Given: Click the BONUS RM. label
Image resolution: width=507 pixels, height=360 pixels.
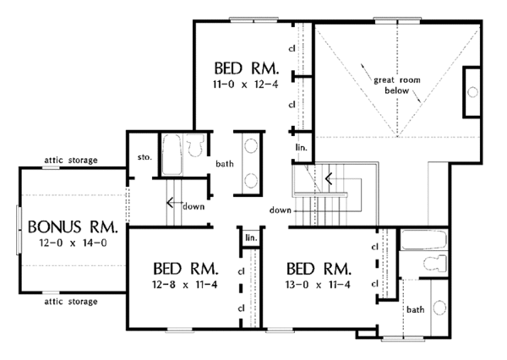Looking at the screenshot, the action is [73, 226].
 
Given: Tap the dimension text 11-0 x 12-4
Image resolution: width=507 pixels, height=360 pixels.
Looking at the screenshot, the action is [245, 85].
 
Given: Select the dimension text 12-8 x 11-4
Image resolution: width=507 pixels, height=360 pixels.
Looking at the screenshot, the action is [184, 285].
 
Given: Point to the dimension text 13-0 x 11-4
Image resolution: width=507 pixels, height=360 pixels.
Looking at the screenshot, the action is [318, 285].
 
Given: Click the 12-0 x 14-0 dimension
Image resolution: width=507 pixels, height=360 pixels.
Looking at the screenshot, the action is [73, 243].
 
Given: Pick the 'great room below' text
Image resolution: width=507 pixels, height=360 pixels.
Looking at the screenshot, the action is [397, 85].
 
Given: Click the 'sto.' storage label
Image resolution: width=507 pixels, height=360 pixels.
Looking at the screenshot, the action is [144, 157].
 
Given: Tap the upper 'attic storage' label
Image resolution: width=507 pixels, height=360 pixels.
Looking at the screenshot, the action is [71, 160].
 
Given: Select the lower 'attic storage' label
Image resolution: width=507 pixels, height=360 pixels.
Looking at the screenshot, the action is [71, 302].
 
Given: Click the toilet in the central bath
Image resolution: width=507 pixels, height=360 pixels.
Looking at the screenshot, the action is [195, 145].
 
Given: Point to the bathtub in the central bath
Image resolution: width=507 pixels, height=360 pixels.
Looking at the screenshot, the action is [171, 155].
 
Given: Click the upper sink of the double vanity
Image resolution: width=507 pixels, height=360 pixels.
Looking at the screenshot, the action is [251, 145].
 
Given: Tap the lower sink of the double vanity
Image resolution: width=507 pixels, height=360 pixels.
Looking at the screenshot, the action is [251, 181].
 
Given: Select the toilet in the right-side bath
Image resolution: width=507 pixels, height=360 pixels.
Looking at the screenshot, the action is [435, 264].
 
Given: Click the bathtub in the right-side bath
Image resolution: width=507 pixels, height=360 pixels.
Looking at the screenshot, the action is [423, 239].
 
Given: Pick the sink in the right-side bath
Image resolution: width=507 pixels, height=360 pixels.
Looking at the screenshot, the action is [439, 308].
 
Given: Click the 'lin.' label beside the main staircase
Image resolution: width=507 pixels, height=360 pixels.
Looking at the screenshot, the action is [301, 148].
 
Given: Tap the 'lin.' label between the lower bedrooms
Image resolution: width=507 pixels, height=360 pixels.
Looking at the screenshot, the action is [251, 237].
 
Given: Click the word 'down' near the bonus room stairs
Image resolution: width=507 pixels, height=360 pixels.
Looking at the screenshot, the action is [194, 206].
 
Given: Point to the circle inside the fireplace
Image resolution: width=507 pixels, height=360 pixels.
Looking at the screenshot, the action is [472, 92].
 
